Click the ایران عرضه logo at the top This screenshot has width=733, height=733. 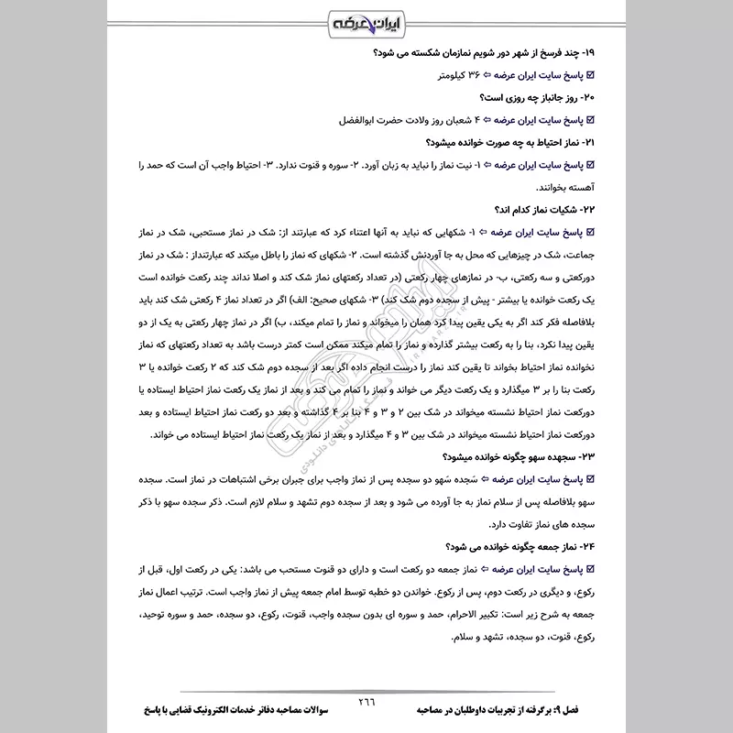(x=366, y=21)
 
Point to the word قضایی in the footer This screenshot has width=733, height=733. (x=210, y=710)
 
